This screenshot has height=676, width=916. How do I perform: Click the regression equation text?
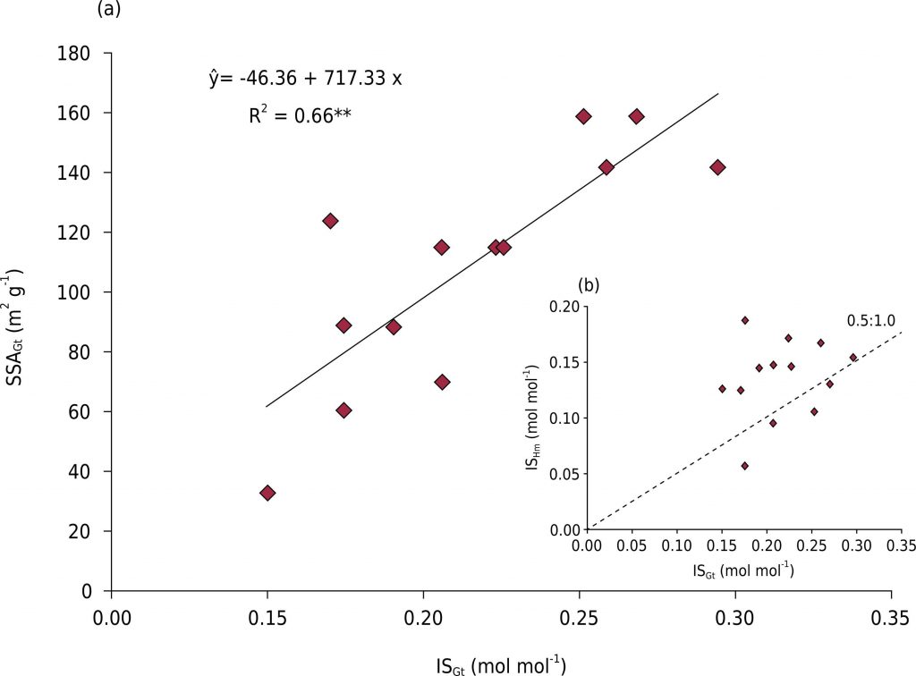[x=305, y=78]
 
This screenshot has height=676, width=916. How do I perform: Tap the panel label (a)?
[x=106, y=11]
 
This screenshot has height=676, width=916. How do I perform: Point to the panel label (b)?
[x=589, y=285]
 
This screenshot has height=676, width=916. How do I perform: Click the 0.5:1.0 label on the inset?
[x=871, y=320]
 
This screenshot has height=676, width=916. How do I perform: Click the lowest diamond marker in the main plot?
[x=267, y=493]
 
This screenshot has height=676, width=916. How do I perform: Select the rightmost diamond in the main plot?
[x=717, y=167]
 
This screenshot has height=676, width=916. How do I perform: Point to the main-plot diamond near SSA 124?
[x=330, y=221]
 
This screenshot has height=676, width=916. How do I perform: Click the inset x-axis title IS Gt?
[x=744, y=570]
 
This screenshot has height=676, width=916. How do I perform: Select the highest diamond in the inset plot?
[x=744, y=320]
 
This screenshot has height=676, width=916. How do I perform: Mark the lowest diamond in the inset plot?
[x=744, y=466]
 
